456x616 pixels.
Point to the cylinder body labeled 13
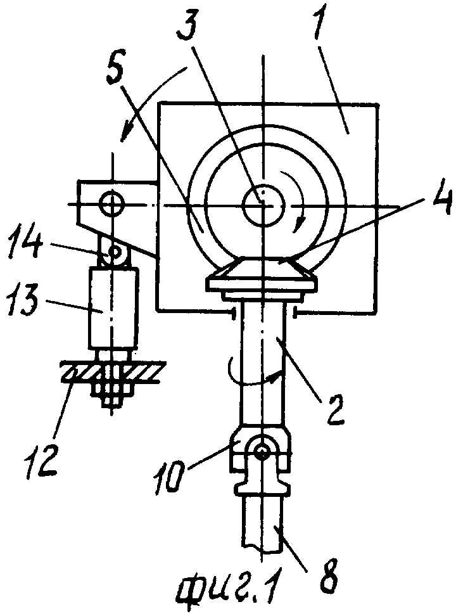113,307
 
